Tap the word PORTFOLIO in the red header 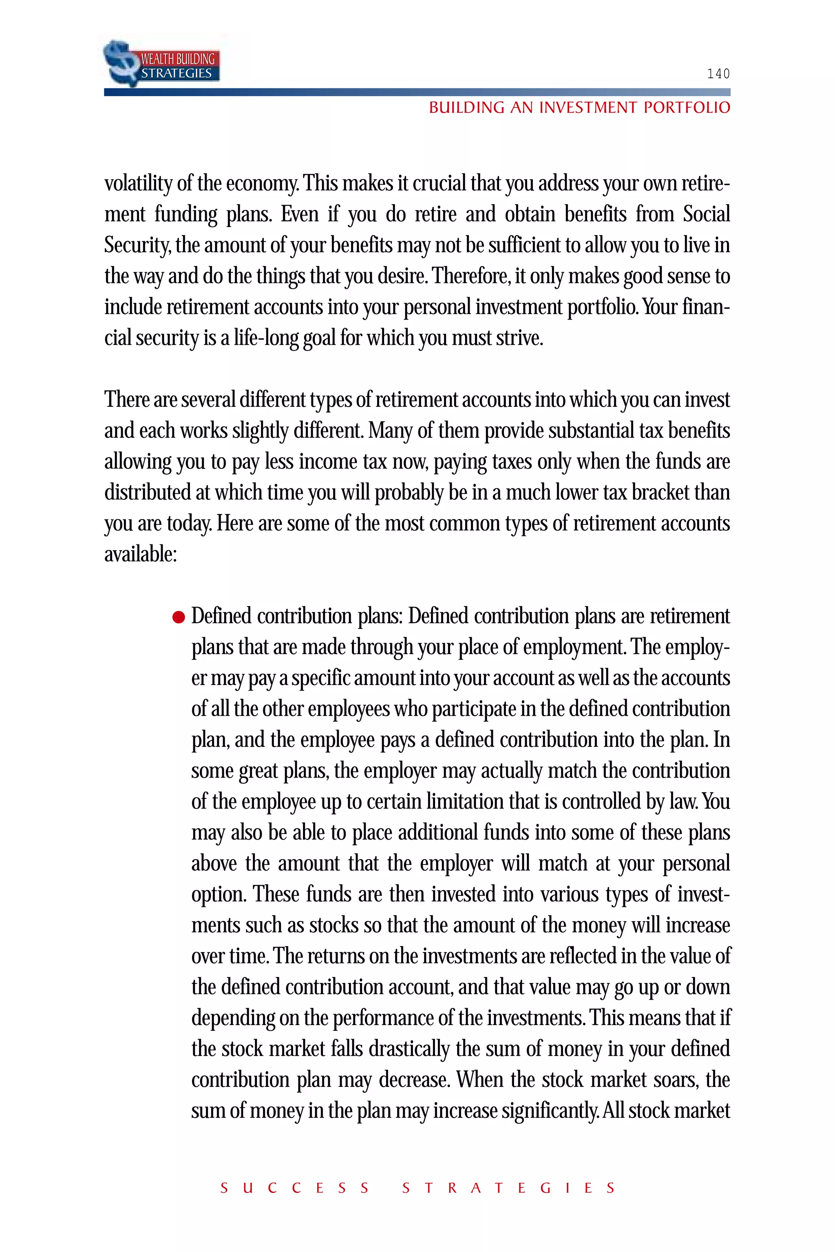click(687, 108)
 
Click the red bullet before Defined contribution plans click(179, 617)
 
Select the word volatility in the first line click(137, 184)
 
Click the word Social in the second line click(706, 214)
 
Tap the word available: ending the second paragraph click(140, 555)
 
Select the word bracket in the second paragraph click(660, 493)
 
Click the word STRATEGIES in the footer click(508, 1188)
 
